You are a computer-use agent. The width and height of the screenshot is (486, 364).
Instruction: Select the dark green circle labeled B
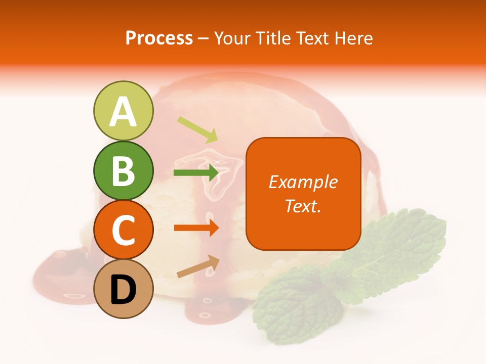pyautogui.click(x=123, y=171)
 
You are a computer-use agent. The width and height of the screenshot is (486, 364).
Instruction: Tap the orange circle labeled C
pyautogui.click(x=123, y=230)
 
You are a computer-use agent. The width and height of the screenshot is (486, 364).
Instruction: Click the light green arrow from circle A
pyautogui.click(x=197, y=129)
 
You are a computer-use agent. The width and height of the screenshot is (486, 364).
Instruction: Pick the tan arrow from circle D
pyautogui.click(x=198, y=266)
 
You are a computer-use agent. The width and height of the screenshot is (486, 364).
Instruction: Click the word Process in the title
pyautogui.click(x=159, y=38)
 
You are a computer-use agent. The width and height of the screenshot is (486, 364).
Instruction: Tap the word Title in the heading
pyautogui.click(x=274, y=38)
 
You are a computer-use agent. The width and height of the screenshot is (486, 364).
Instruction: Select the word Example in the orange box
pyautogui.click(x=303, y=182)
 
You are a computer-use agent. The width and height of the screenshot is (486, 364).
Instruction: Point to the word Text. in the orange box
pyautogui.click(x=303, y=206)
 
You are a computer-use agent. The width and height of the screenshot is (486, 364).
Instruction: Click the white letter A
pyautogui.click(x=123, y=112)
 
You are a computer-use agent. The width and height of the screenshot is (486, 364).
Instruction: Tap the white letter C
pyautogui.click(x=123, y=230)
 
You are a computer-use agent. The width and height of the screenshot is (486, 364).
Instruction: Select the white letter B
pyautogui.click(x=123, y=171)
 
